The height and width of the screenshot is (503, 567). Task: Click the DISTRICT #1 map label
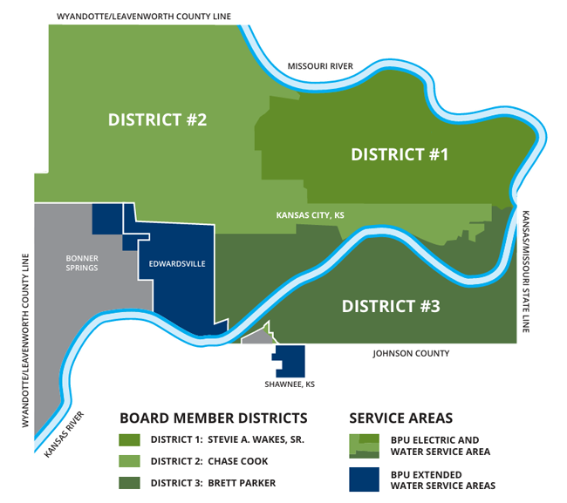pos(399,155)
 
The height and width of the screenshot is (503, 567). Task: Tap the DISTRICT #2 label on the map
pos(157,119)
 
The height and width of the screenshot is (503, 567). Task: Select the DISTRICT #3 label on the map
pos(390,307)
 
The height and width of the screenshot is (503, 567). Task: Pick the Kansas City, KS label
pos(310,214)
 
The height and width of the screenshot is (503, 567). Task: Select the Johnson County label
pos(411,354)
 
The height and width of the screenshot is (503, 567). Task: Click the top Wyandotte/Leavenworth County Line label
pos(140,16)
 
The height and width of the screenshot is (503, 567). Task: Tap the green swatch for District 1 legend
pos(130,440)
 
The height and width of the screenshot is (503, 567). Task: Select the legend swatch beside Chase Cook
pos(130,460)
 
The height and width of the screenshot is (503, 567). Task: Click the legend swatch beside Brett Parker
pos(130,480)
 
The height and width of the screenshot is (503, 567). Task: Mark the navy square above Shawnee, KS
pos(290,361)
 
